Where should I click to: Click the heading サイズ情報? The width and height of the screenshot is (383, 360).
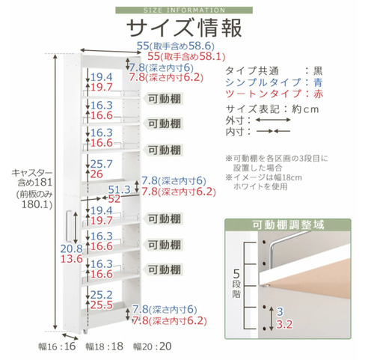coord(184,28)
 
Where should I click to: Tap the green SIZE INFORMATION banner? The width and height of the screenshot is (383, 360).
coord(184,10)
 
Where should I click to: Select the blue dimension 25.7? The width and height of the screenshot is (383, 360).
coord(102,164)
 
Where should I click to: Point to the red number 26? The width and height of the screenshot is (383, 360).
coord(96,174)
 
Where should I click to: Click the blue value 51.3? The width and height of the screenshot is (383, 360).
coord(119,190)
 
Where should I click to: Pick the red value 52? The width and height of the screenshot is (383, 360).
coord(114,199)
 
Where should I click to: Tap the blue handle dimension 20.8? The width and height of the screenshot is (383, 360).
coord(72,248)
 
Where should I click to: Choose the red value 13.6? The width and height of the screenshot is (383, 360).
coord(72,259)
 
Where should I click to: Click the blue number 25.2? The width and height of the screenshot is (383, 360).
coord(102,295)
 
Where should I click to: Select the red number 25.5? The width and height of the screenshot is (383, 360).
coord(102,305)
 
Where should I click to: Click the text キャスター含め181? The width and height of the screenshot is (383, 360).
coord(32,177)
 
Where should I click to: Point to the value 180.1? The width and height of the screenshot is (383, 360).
coord(37,204)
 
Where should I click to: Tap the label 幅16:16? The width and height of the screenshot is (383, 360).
coord(57,347)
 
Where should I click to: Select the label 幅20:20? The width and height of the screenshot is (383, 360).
coord(153,347)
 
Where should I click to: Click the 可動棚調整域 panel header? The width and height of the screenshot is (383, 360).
coord(288,225)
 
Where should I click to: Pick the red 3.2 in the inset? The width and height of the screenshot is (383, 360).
coord(284,324)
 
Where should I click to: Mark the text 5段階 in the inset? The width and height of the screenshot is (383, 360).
coord(236,283)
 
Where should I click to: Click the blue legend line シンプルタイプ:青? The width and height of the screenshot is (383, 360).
coord(274,82)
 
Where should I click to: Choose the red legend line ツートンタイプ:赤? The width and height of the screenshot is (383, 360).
coord(274,94)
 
